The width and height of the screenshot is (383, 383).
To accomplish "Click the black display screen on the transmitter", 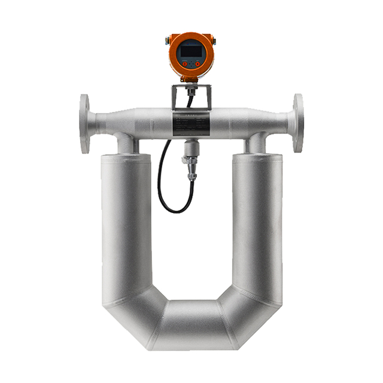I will click(191, 51).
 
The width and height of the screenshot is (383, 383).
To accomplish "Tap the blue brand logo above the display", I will click(191, 42).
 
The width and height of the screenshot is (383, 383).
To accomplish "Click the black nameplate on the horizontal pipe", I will click(191, 125).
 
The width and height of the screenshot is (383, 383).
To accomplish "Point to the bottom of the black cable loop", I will click(175, 211).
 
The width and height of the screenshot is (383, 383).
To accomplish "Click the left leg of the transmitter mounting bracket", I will click(175, 98).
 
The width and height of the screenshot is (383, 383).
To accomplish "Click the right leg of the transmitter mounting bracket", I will click(208, 98).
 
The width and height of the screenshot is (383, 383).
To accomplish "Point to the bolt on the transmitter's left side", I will click(167, 42).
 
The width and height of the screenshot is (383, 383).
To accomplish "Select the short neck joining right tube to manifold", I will click(257, 143).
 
